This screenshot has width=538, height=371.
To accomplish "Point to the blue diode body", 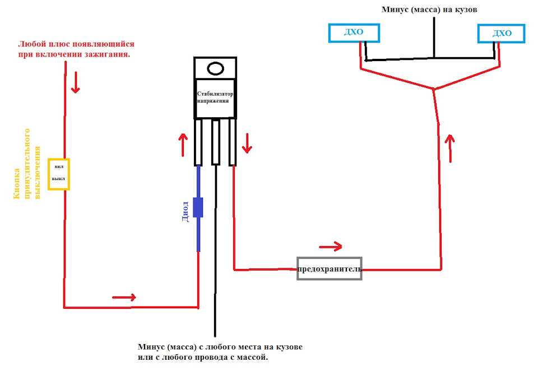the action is tap(198, 207).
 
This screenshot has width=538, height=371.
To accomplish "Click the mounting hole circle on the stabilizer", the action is tap(215, 68).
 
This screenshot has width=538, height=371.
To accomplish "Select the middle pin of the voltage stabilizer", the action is tap(215, 142).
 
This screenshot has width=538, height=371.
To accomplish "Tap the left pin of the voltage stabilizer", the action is tap(198, 142).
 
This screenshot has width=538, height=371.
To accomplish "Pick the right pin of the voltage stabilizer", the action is tap(232, 142).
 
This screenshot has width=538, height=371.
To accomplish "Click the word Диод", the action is tap(184, 211).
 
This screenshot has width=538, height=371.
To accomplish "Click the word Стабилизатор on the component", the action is tap(215, 94).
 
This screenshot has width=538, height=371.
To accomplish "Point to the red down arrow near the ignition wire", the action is tap(76, 82).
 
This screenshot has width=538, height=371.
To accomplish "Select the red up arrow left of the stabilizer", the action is tap(183, 145).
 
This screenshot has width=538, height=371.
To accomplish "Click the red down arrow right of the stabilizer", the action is tap(247, 143).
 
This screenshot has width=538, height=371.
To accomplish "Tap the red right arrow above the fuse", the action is tap(331, 246).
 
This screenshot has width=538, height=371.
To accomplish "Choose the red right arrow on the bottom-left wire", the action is tap(124, 297).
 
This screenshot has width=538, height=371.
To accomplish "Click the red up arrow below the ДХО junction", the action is tap(450, 149).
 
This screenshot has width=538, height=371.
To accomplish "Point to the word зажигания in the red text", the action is tap(110, 54).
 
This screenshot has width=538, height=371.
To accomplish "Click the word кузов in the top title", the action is tap(466, 10).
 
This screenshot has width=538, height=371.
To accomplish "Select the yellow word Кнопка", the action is tap(16, 183).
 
